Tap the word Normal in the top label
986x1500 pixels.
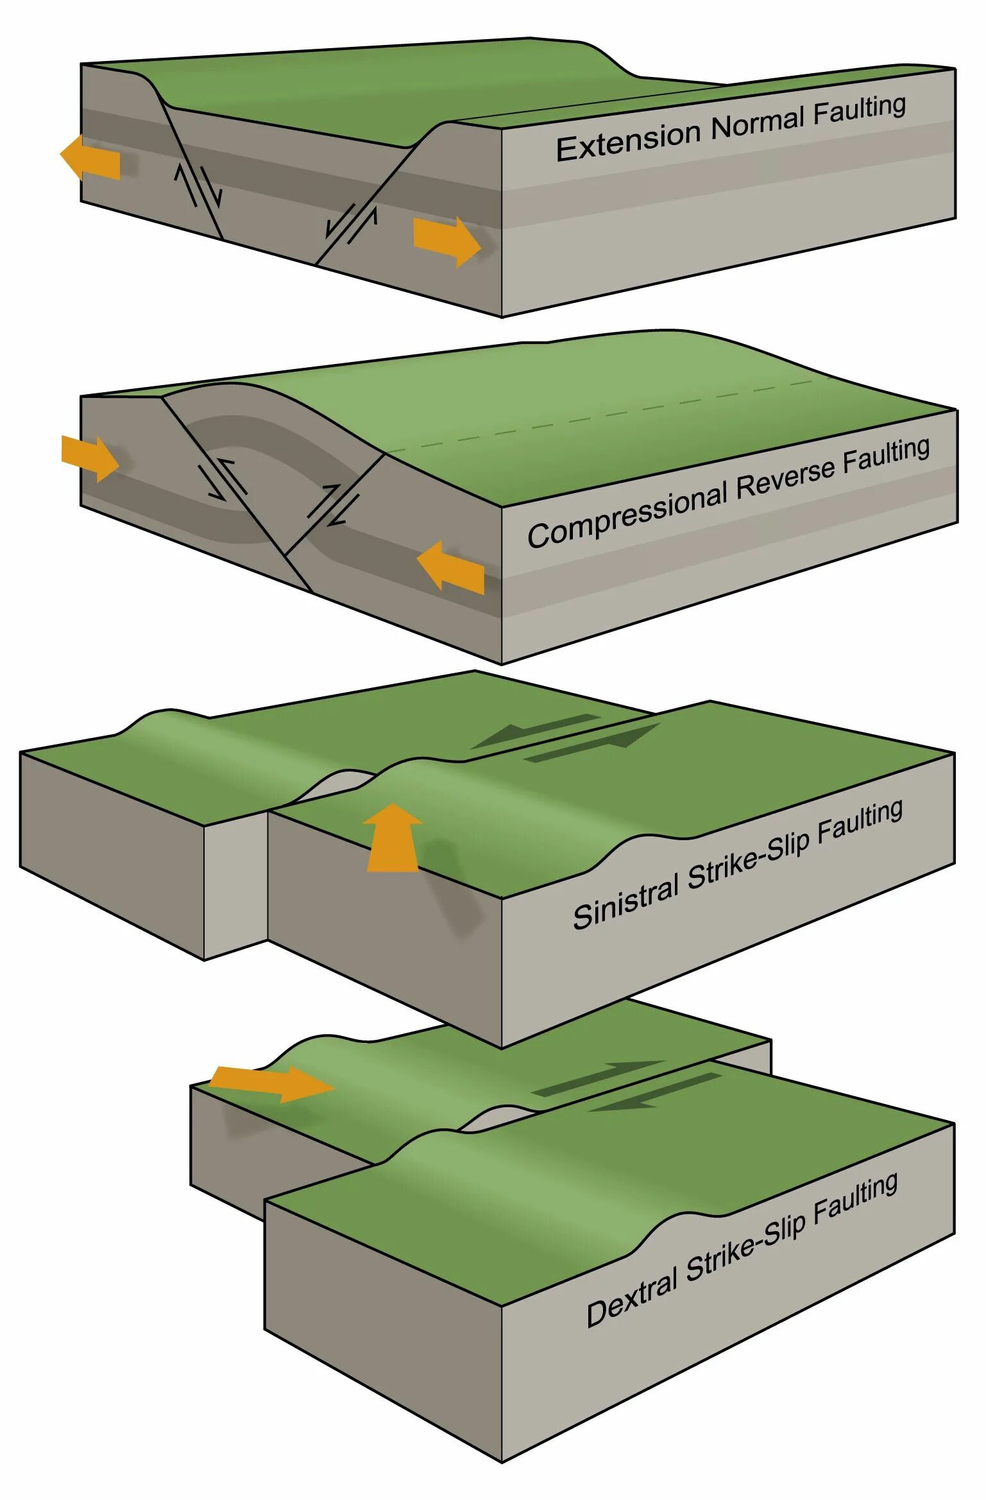[758, 123]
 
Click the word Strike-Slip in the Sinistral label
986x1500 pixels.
[747, 858]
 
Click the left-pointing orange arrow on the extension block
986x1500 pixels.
[90, 158]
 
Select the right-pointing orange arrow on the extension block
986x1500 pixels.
[446, 241]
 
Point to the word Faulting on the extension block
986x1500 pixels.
[859, 110]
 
